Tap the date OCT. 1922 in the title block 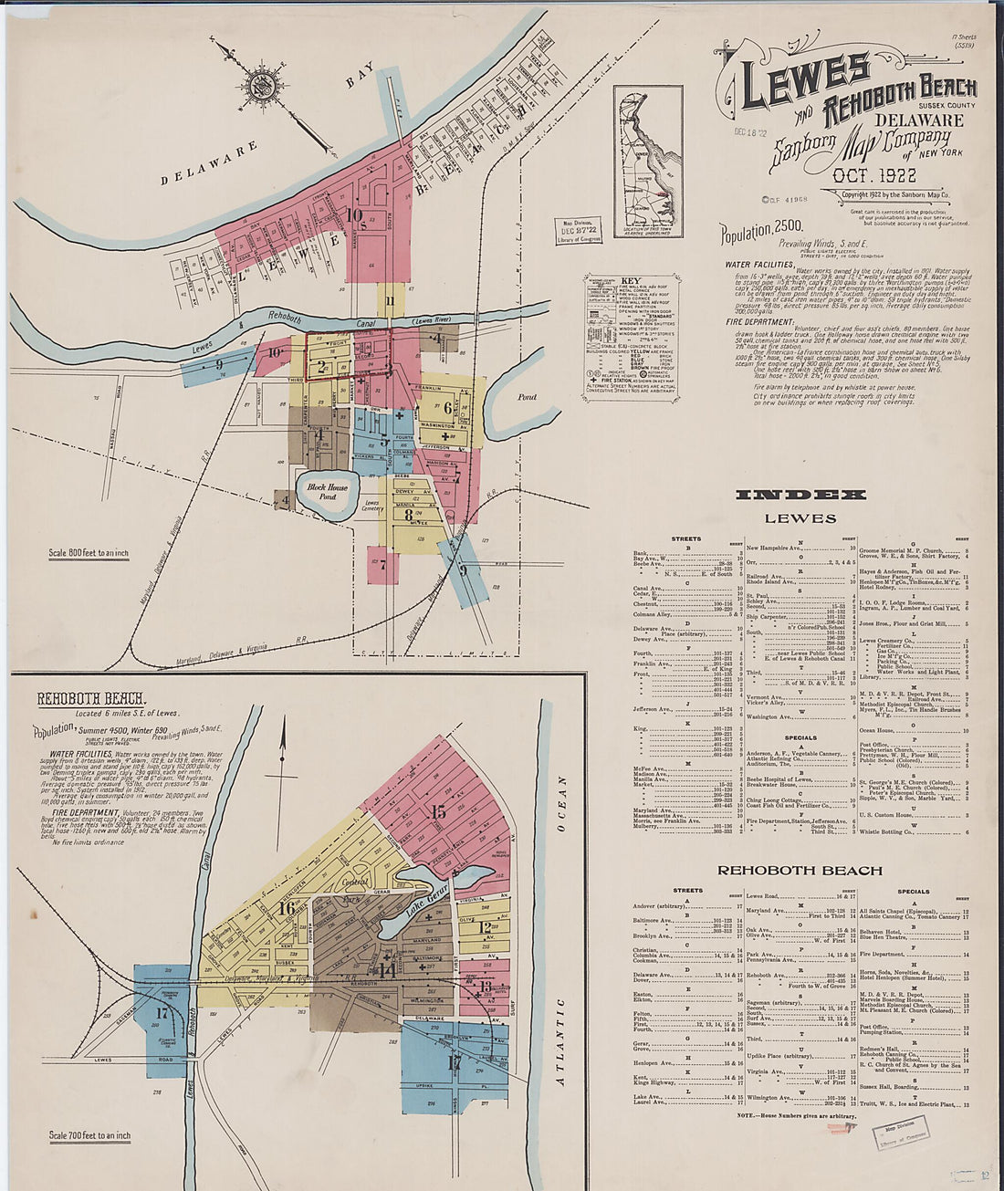click(875, 174)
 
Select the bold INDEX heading click(800, 495)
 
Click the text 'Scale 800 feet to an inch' click(89, 553)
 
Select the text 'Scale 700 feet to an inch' click(89, 1136)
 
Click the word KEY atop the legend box click(631, 280)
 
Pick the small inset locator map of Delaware click(647, 162)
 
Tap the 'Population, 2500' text click(746, 233)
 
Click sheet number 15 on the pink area click(438, 811)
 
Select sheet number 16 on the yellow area click(287, 908)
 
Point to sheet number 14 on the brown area click(387, 970)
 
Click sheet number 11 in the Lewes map click(391, 300)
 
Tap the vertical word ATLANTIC click(560, 1040)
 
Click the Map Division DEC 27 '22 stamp click(578, 231)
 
